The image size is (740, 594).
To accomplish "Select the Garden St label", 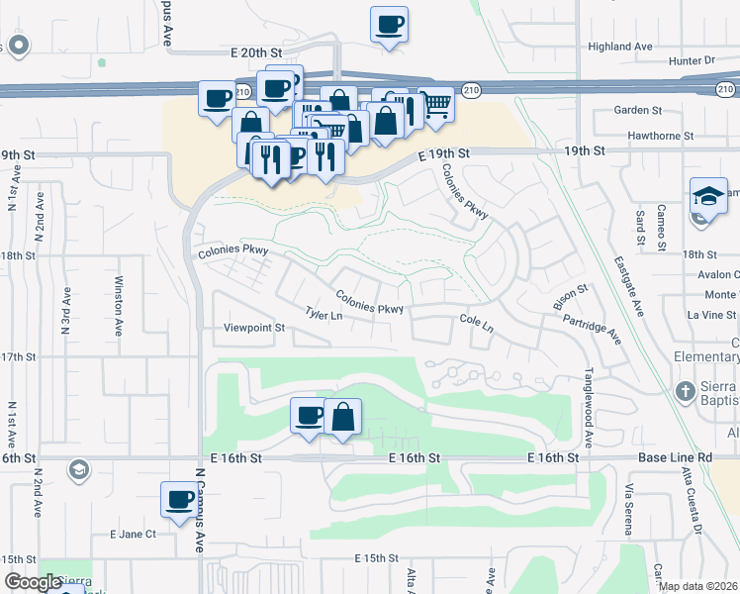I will (637, 110).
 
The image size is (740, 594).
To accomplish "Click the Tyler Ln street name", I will (324, 315).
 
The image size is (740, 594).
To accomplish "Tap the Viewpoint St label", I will (254, 328).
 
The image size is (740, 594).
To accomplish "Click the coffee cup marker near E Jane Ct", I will (180, 500).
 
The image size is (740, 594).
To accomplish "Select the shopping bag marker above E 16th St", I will (342, 417).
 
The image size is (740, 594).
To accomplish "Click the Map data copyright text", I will (697, 586).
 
